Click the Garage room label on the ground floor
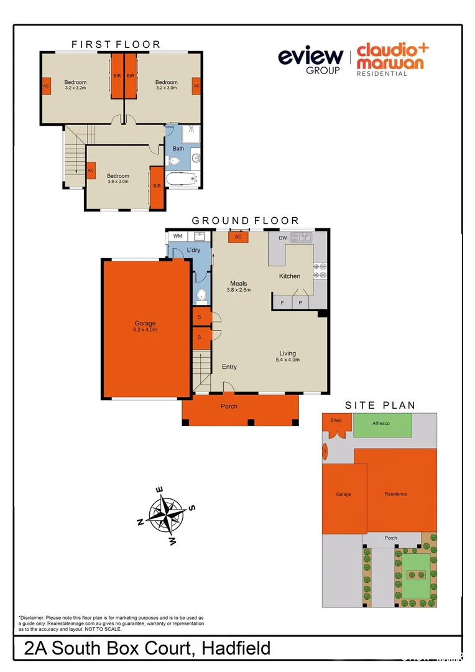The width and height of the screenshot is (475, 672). (145, 324)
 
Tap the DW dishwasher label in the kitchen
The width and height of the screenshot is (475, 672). (283, 238)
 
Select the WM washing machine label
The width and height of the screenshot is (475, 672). (178, 236)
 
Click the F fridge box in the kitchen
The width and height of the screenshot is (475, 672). (282, 303)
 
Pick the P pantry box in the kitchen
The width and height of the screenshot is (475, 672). (300, 303)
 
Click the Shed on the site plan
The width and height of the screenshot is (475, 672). (336, 421)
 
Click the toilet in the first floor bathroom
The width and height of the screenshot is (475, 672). (174, 161)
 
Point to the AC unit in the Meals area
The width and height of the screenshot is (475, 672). (238, 237)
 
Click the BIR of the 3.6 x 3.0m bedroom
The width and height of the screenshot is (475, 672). (156, 186)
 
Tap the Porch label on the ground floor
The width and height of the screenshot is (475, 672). (229, 406)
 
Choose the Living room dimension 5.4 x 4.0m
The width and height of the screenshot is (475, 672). (288, 360)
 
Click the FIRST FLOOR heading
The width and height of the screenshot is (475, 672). (116, 44)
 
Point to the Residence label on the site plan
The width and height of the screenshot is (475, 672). (395, 494)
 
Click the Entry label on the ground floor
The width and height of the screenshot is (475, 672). (229, 367)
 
